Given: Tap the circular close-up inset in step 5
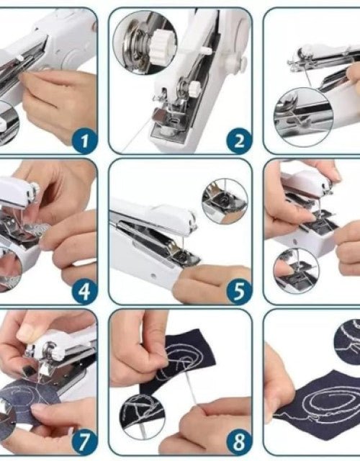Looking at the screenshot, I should click(224, 201).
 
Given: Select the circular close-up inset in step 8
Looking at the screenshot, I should click(144, 417).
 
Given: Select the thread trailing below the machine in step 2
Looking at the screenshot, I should click(137, 141).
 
